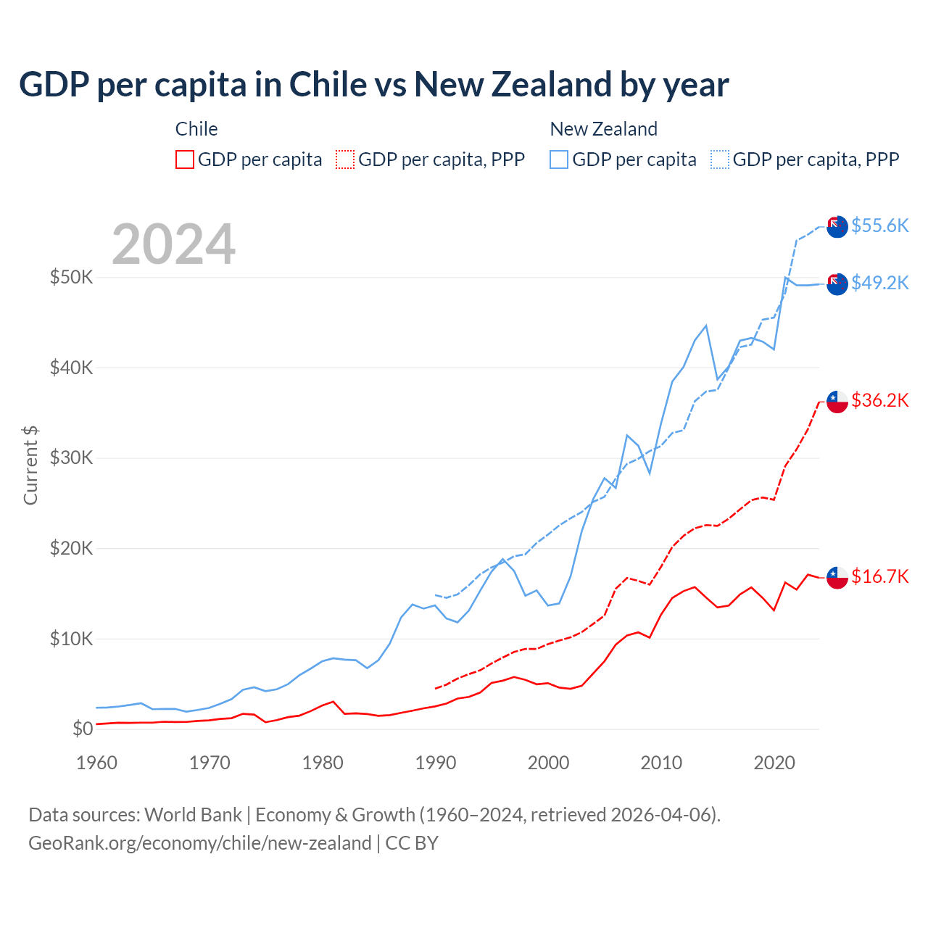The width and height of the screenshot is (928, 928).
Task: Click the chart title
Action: click(373, 85)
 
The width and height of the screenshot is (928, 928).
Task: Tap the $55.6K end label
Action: click(879, 225)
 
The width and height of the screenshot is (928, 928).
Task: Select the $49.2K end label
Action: click(879, 283)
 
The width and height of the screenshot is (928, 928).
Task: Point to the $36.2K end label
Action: click(879, 400)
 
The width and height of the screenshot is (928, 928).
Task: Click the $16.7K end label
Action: click(879, 576)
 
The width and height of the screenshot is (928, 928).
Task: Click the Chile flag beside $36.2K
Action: click(837, 402)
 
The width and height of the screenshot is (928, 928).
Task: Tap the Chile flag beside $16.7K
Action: click(837, 577)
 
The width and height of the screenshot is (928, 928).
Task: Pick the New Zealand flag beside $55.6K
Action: click(837, 226)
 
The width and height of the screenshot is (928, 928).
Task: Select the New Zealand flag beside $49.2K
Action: click(837, 284)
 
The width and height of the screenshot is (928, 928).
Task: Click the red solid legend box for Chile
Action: click(185, 159)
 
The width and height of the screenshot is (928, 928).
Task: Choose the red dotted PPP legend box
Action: click(345, 159)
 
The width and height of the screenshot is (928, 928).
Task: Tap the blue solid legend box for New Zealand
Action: click(559, 159)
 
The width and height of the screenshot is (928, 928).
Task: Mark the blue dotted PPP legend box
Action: click(720, 159)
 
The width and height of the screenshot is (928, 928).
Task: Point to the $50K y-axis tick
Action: click(71, 277)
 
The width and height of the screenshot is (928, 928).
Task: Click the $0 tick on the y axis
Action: click(83, 729)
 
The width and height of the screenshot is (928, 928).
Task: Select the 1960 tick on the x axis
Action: click(96, 763)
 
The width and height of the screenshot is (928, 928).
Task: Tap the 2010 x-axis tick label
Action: click(661, 763)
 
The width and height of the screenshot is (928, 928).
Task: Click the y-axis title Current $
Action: click(30, 465)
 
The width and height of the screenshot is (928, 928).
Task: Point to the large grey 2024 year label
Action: click(174, 244)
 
